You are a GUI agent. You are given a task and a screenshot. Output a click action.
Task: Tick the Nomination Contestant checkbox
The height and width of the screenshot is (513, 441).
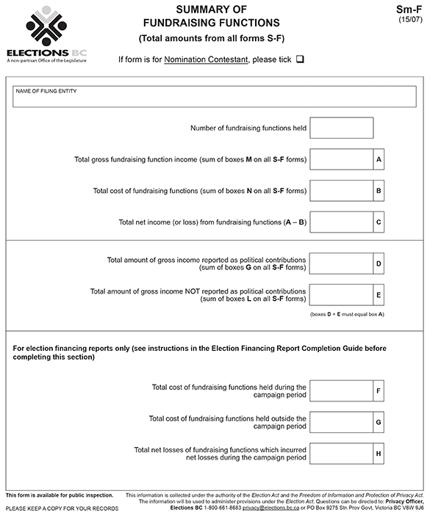[x=300, y=59]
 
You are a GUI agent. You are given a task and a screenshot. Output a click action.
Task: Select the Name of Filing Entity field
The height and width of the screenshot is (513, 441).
[x=215, y=97]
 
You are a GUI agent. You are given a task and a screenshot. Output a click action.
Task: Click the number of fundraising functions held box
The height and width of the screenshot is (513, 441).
[x=341, y=128]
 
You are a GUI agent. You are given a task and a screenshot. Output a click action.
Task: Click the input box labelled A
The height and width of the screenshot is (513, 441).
[x=341, y=159]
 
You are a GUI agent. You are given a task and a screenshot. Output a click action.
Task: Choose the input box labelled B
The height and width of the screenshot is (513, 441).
[x=341, y=191]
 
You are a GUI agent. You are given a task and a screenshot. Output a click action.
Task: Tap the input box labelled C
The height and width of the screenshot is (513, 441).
[x=341, y=222]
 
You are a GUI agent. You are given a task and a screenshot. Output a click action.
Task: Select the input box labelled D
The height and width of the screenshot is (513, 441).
[x=341, y=263]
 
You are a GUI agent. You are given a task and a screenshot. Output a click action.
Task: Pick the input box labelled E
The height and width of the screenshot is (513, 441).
[x=341, y=295]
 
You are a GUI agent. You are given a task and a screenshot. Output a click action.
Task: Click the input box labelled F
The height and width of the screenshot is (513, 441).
[x=341, y=390]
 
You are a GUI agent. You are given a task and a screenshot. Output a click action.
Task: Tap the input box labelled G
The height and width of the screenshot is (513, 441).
[x=341, y=422]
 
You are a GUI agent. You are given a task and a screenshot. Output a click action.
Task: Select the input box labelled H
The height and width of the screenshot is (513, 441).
[x=341, y=453]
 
